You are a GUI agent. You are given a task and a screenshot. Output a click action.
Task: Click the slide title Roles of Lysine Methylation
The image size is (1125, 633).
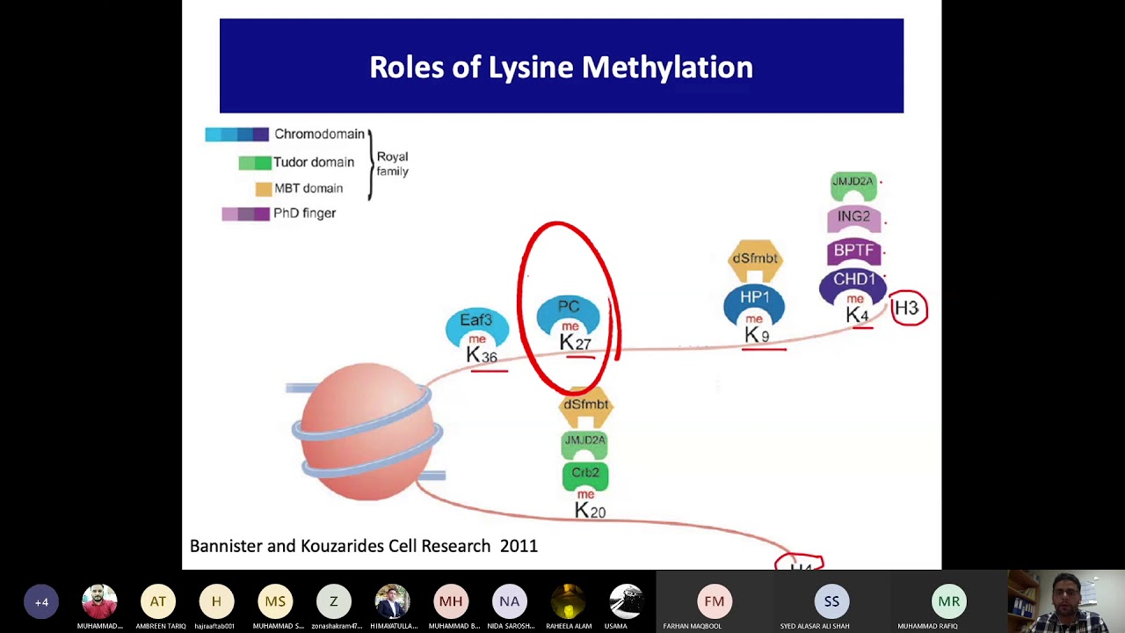561,67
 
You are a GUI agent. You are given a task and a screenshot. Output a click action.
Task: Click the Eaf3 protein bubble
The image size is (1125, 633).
476,321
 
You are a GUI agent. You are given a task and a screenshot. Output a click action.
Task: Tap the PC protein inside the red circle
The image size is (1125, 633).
569,308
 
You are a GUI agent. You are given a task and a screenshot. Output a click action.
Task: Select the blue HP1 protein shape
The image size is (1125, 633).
754,299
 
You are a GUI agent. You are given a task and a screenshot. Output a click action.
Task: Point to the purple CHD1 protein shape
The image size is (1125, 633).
853,280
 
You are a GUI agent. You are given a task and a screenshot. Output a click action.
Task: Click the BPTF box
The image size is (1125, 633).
853,251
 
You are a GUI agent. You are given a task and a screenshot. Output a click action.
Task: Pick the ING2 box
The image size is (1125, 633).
853,216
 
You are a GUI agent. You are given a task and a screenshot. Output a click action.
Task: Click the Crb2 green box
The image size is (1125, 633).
585,473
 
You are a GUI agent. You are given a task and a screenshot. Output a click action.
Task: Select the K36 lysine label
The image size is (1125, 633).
482,355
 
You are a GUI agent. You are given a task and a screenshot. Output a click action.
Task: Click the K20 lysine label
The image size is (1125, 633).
590,510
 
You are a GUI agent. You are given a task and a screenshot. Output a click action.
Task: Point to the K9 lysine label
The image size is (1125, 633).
757,335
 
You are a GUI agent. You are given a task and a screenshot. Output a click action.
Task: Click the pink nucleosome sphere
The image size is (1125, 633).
364,431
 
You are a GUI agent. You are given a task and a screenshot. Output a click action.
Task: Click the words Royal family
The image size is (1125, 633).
392,164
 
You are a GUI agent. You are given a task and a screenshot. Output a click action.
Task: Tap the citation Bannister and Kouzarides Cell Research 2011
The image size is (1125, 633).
364,546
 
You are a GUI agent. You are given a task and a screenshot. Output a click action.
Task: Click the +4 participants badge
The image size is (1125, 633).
41,602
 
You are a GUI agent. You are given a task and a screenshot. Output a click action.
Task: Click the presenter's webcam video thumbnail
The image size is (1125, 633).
1066,602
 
